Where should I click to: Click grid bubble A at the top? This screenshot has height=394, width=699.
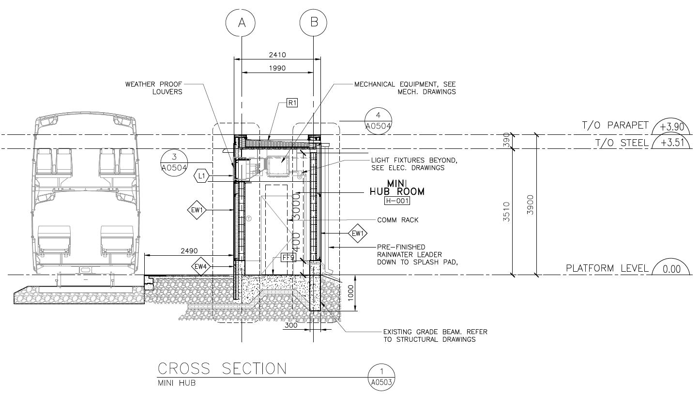tap(242, 22)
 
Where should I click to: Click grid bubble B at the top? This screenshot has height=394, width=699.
tap(313, 22)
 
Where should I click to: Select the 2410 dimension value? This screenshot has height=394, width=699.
tap(277, 55)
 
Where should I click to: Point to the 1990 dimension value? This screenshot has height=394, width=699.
tap(277, 68)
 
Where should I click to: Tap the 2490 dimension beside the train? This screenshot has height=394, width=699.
tap(189, 251)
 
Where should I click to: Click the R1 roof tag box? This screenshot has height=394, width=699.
tap(292, 102)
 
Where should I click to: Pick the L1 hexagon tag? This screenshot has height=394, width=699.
tap(201, 176)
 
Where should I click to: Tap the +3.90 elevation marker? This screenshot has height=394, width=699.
tap(671, 127)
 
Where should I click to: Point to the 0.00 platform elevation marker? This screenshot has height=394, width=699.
tap(671, 269)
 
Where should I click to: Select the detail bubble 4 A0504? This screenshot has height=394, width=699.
tap(378, 121)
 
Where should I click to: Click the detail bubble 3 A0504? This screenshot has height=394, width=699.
tap(174, 162)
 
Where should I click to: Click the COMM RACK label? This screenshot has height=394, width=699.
tap(397, 220)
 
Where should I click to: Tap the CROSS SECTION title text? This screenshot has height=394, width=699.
tap(222, 369)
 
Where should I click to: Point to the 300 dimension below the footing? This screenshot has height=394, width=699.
tap(291, 325)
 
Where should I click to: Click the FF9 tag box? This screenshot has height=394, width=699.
tap(288, 258)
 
